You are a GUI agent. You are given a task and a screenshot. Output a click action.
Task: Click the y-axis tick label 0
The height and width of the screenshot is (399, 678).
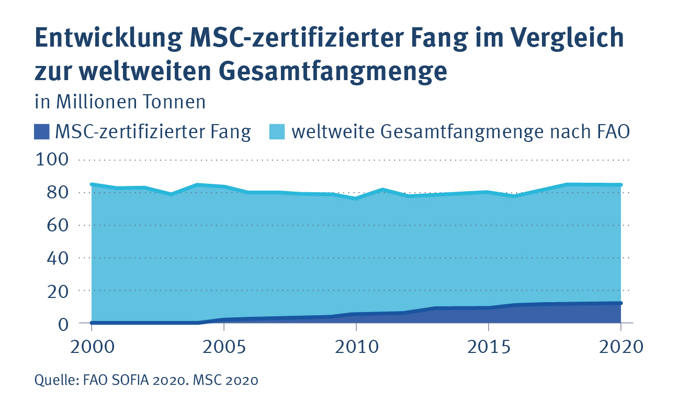point(63,323)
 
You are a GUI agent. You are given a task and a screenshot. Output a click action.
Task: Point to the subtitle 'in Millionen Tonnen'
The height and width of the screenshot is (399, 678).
point(120,102)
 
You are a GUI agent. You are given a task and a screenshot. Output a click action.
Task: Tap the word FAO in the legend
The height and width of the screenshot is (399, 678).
point(611,131)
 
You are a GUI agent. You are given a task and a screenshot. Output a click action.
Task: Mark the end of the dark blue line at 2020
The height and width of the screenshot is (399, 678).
point(620,303)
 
